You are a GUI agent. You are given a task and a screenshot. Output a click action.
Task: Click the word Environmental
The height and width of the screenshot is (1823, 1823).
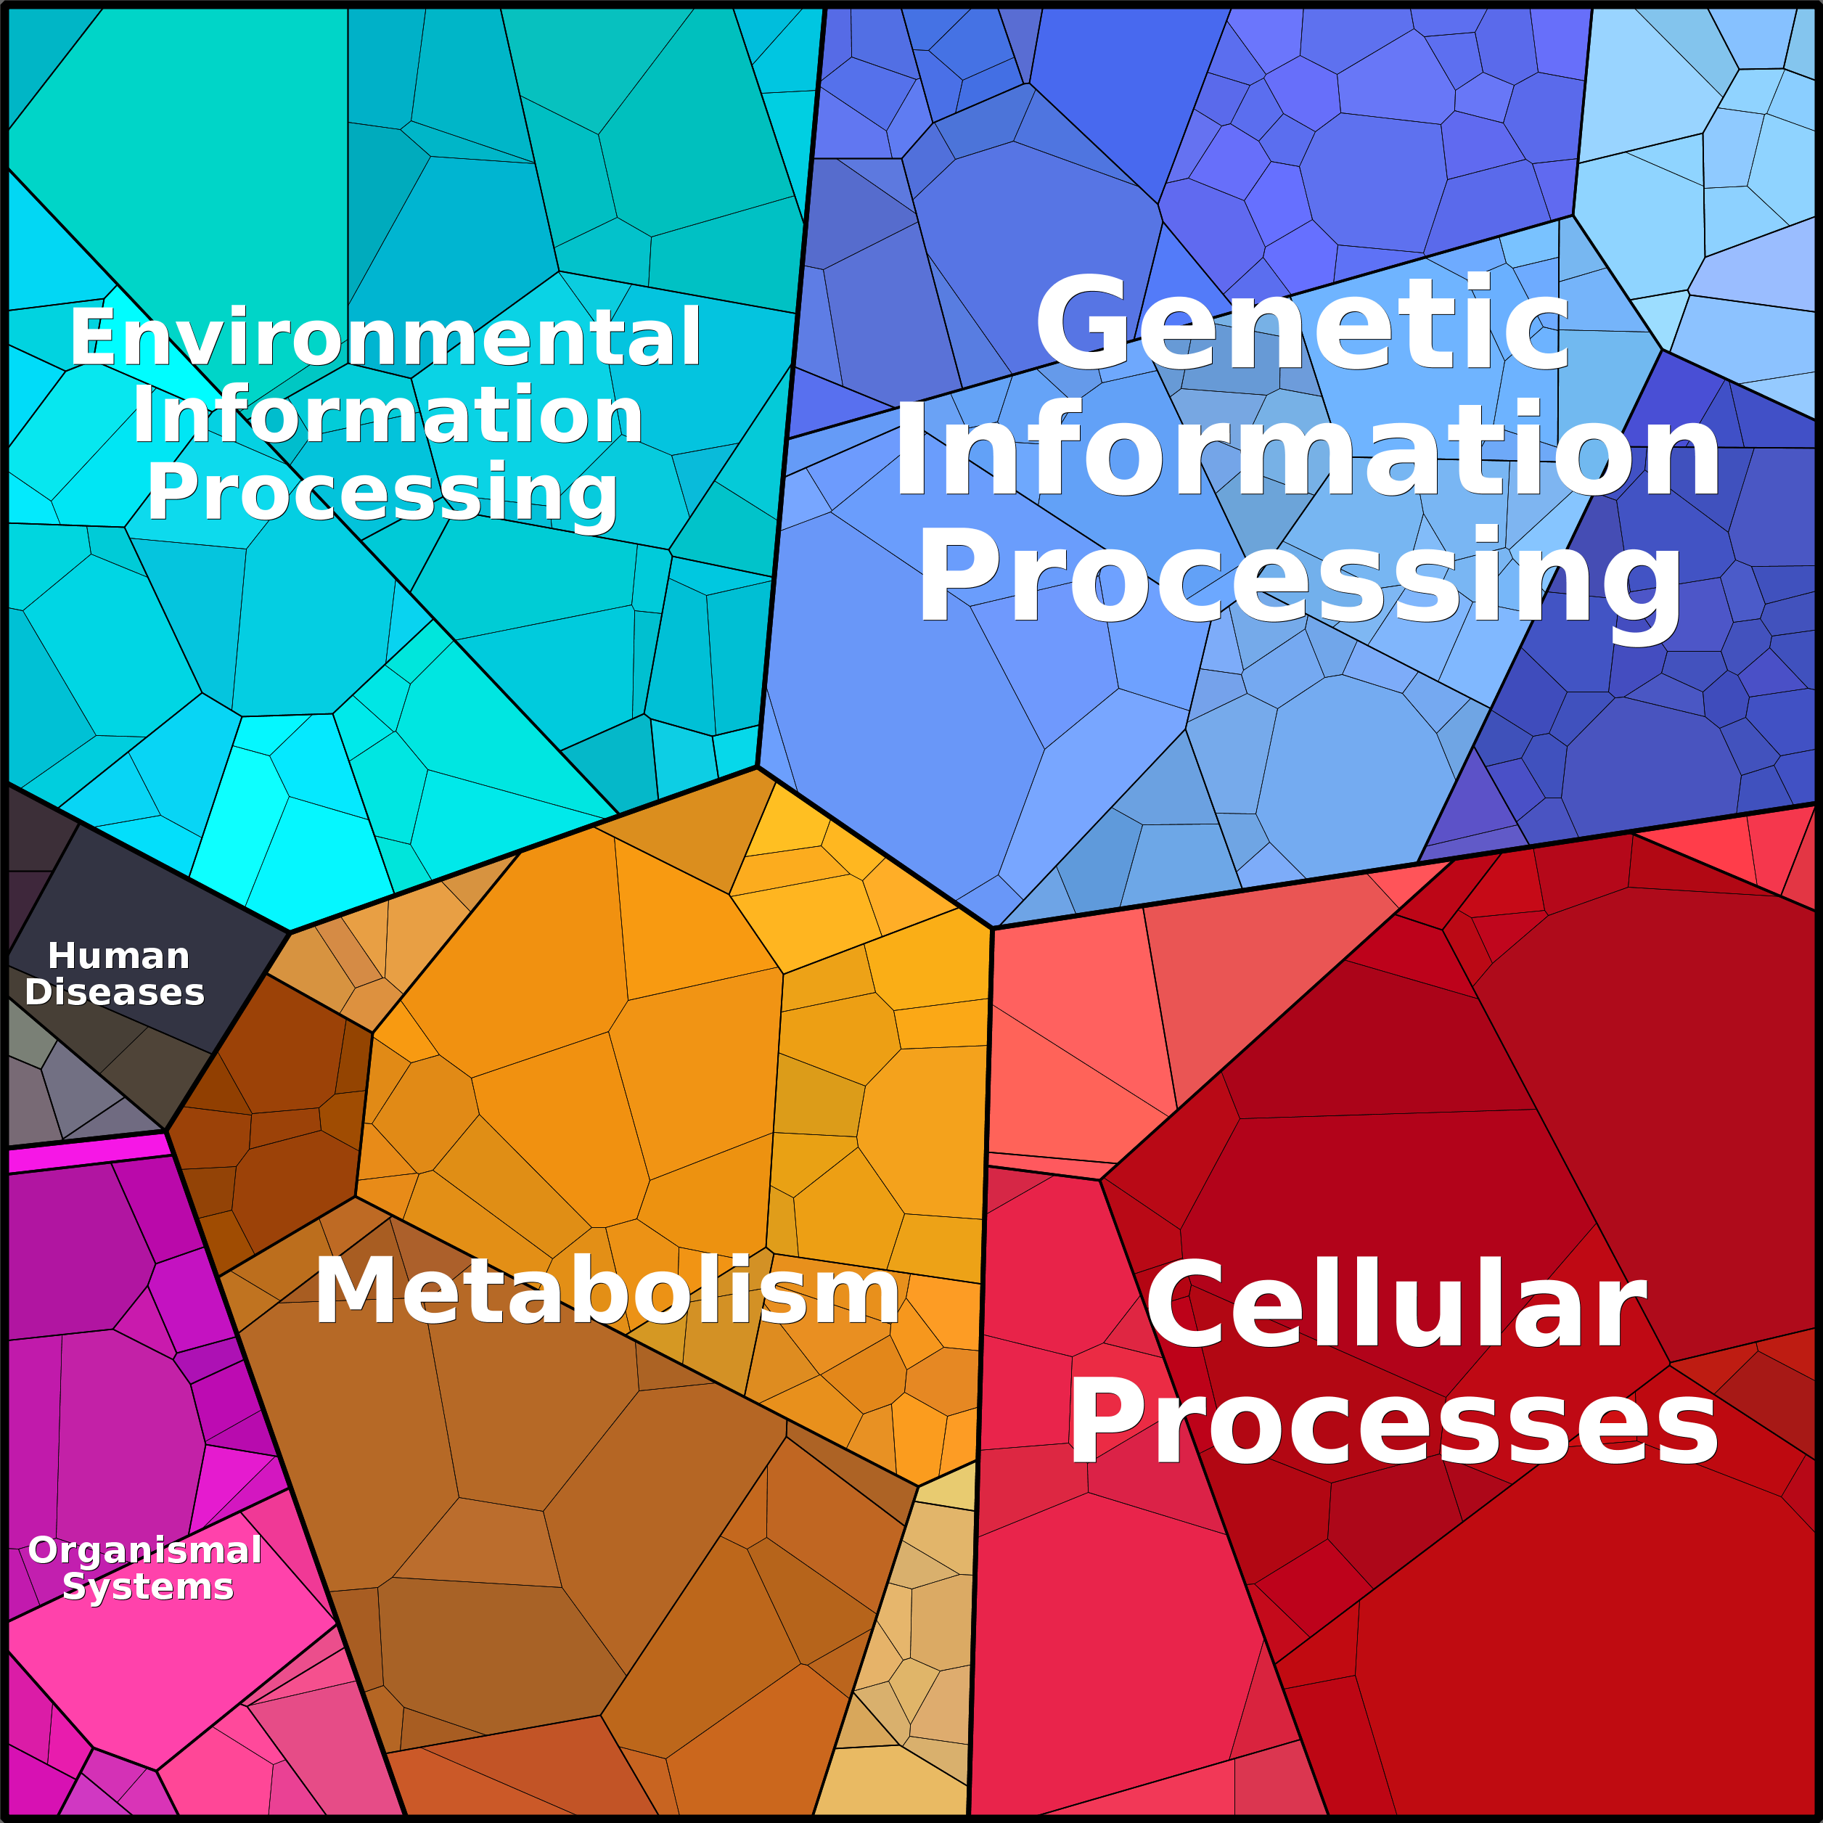click(x=385, y=337)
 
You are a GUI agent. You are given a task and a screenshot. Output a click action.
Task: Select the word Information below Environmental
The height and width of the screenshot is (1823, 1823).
click(x=388, y=414)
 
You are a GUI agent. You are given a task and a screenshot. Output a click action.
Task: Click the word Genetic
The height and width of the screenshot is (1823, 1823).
click(x=1302, y=323)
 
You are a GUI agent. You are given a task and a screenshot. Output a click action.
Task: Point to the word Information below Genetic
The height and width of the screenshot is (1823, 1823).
click(x=1308, y=449)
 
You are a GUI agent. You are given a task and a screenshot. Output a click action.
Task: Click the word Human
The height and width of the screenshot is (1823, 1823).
click(x=119, y=956)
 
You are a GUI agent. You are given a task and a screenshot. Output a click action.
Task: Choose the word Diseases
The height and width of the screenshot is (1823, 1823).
click(x=114, y=992)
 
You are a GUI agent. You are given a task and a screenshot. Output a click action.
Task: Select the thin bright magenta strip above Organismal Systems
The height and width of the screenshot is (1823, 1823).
click(x=88, y=1153)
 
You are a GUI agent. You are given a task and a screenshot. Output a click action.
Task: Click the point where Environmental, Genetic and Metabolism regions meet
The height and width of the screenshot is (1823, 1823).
click(x=757, y=766)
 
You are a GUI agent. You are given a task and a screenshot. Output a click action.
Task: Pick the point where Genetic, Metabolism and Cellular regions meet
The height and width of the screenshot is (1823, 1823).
click(x=993, y=928)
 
